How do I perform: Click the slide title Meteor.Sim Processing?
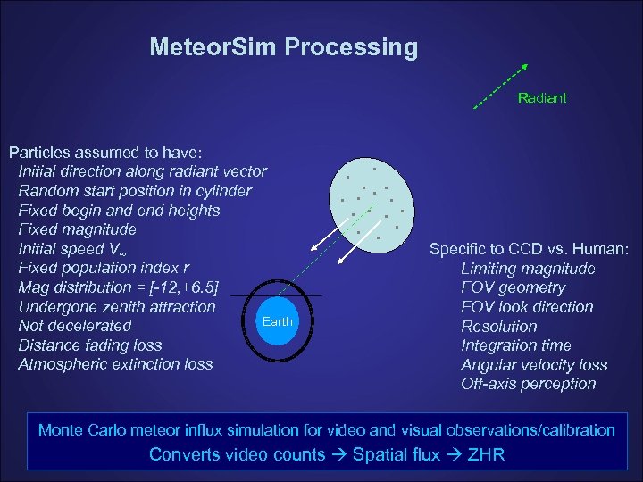[x=283, y=46]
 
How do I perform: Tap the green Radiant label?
[x=542, y=97]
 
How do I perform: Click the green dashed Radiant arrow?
[x=500, y=86]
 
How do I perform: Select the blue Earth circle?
[x=277, y=320]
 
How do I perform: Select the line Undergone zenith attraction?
[x=116, y=307]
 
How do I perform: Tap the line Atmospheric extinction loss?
[x=115, y=364]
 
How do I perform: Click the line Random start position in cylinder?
[x=135, y=191]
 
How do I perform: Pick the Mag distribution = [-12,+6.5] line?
[x=120, y=287]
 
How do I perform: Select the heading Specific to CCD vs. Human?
[x=530, y=249]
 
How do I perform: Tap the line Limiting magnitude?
[x=528, y=269]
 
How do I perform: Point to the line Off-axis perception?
[x=528, y=384]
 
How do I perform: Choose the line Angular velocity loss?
[x=534, y=365]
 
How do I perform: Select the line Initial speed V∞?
[x=76, y=249]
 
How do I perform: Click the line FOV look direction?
[x=527, y=307]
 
